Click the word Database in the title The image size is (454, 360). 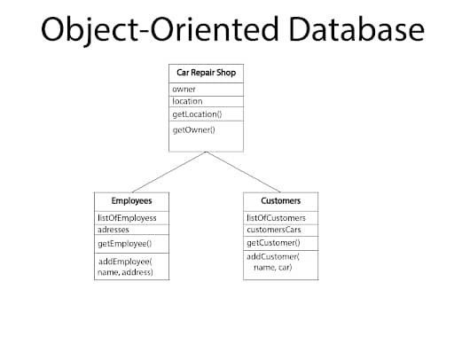click(356, 29)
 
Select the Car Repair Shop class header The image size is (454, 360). click(206, 73)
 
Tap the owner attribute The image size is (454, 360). click(184, 90)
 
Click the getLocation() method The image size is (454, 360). click(197, 114)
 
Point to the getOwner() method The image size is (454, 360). click(193, 130)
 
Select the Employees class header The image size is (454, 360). click(131, 201)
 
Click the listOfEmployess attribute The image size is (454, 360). click(127, 218)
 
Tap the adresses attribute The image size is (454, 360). click(113, 230)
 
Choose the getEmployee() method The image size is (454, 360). click(125, 244)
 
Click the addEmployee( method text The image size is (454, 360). click(125, 262)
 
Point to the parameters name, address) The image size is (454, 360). click(125, 272)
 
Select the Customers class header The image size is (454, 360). click(280, 201)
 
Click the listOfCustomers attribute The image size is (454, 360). click(276, 218)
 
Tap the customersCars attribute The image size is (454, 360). click(274, 230)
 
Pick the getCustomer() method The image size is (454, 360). click(273, 243)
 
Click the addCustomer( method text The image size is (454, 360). click(273, 256)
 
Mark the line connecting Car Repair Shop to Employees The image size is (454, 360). click(168, 172)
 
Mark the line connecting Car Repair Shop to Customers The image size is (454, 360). click(243, 172)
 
